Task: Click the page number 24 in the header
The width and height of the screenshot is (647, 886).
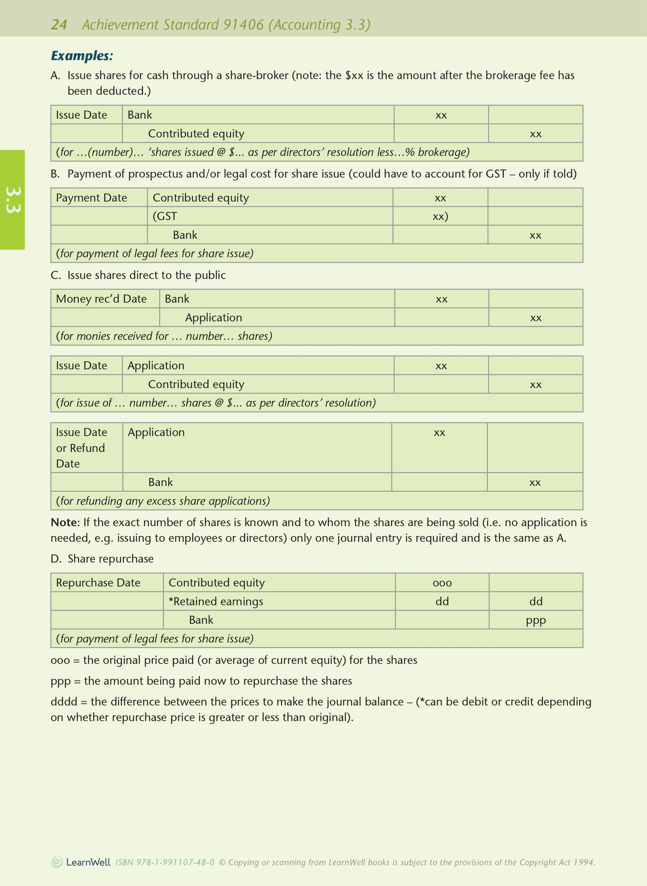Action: coord(59,25)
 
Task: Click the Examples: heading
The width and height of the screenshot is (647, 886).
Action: coord(82,56)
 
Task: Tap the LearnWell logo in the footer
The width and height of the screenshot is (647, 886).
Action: coord(81,862)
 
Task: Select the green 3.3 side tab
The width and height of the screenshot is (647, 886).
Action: coord(12,200)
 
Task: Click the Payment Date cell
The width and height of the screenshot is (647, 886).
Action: coord(92,198)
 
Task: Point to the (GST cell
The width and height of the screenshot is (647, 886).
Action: coord(165,216)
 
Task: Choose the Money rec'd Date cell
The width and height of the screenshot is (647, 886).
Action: coord(101,298)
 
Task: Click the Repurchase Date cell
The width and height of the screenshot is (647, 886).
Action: coord(98,582)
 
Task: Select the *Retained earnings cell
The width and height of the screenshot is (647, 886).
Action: coord(216,601)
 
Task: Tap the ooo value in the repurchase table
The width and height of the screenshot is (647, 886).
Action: coord(442,583)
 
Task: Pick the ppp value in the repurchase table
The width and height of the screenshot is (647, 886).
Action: coord(536,620)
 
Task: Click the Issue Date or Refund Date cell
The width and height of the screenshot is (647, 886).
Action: coord(81,447)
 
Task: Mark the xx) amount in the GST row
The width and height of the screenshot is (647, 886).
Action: coord(440,216)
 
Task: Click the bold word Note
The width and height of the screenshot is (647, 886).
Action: coord(65,522)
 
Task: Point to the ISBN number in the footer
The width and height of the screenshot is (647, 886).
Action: coord(165,862)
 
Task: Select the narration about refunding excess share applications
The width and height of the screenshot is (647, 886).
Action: coord(163,501)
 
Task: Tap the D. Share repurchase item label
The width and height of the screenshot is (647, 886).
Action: coord(102,558)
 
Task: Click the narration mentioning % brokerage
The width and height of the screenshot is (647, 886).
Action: coord(263,152)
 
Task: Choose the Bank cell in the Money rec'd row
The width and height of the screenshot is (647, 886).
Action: coord(177,298)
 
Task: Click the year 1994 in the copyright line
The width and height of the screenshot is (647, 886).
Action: coord(583,862)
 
